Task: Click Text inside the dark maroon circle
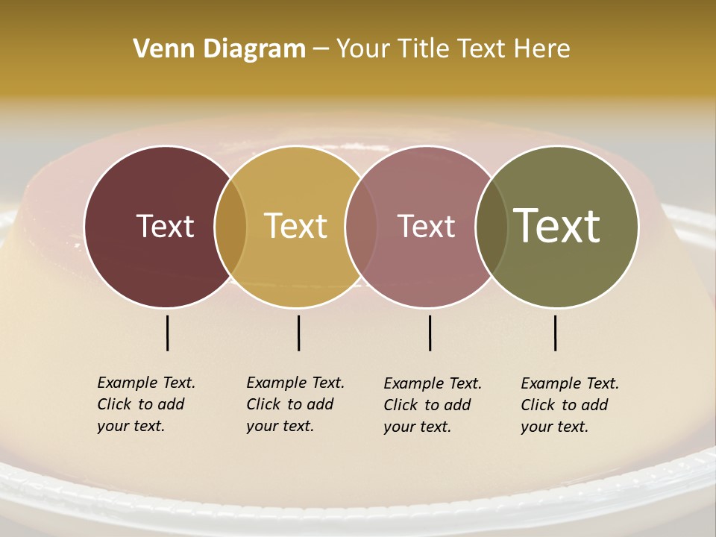point(165,226)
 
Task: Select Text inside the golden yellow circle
point(296,226)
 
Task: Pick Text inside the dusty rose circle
point(426,226)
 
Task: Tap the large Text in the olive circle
point(557,226)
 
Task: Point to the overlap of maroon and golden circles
point(230,226)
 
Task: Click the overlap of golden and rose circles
point(361,226)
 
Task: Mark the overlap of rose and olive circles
point(492,226)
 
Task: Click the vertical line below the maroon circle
point(168,333)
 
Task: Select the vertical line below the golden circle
point(298,333)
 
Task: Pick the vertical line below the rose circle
point(430,333)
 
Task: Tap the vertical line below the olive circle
point(556,333)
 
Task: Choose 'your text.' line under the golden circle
point(280,426)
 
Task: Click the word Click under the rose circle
point(402,405)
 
